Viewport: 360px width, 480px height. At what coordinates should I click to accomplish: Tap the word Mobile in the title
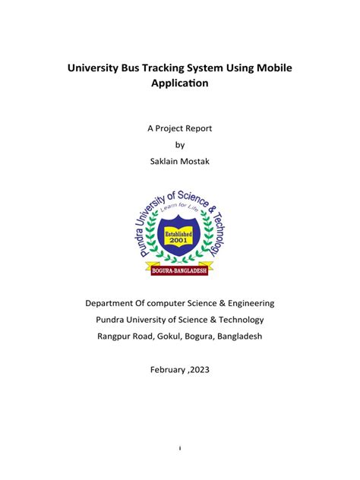pos(270,68)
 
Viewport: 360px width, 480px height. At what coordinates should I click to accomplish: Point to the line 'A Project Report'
pos(180,128)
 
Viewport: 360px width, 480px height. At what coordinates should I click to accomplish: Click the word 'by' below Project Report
pos(180,144)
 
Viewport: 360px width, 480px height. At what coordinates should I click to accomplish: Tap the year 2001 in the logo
pos(179,242)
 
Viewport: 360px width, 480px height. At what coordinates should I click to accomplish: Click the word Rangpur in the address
pos(117,336)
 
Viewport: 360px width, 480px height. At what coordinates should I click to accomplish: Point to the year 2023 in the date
pos(200,369)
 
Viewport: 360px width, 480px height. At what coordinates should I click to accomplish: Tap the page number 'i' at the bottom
pos(180,448)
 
